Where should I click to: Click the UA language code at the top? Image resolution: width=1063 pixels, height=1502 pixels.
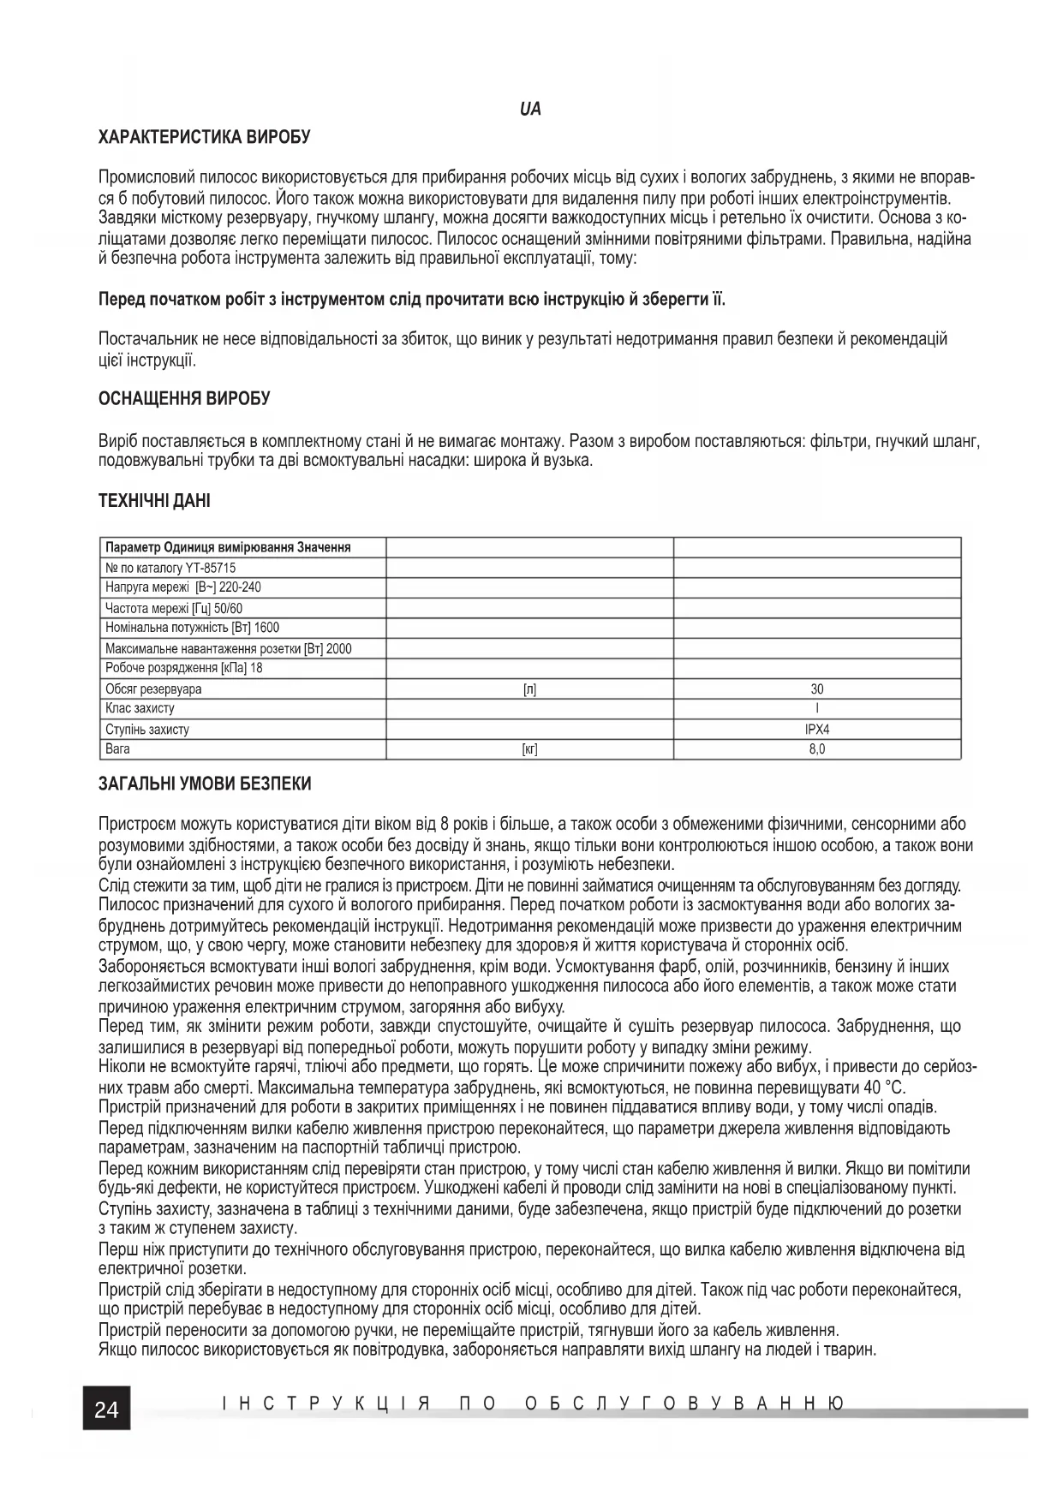(x=530, y=110)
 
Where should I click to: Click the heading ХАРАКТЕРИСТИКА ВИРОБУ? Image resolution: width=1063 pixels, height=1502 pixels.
(x=205, y=137)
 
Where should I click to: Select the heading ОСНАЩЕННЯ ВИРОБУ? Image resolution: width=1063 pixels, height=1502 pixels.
(x=184, y=399)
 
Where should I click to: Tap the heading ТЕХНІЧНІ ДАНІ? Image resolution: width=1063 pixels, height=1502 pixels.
(x=154, y=501)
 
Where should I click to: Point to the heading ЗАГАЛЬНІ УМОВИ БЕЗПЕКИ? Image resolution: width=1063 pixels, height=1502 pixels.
(x=205, y=784)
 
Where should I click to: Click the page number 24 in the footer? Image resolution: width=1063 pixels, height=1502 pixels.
(x=106, y=1409)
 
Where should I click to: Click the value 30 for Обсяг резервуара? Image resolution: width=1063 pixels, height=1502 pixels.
(x=817, y=688)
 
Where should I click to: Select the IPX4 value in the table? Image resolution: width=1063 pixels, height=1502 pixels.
(x=817, y=730)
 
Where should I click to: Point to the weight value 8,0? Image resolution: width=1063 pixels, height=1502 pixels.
(x=817, y=749)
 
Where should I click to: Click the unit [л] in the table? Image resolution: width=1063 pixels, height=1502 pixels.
(x=529, y=688)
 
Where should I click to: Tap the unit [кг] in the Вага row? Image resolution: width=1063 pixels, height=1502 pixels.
(x=529, y=749)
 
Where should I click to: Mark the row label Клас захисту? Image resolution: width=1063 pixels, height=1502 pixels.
(x=140, y=709)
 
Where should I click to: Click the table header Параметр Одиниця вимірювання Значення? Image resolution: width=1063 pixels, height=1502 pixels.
(x=228, y=547)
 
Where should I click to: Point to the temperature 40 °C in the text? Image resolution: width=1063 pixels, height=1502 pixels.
(x=886, y=1088)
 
